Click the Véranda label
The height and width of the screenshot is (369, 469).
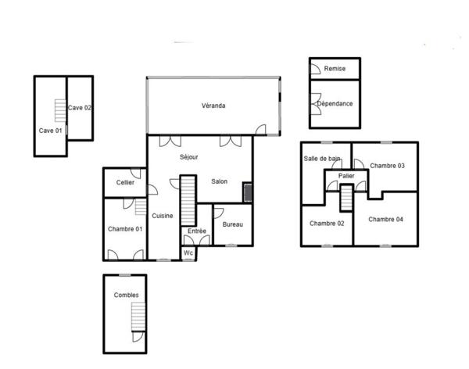coord(213,106)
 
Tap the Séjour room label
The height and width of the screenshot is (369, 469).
coord(189,157)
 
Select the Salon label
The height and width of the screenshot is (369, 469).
coord(220,182)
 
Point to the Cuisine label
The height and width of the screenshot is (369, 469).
coord(163,216)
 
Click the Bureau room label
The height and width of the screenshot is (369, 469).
coord(233,225)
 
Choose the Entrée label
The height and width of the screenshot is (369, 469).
coord(197,231)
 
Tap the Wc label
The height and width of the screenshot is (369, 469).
coord(188,253)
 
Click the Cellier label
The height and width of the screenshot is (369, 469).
coord(125,183)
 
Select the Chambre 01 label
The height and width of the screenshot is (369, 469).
coord(125,228)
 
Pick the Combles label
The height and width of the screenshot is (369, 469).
coord(126,295)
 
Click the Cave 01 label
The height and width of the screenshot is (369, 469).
coord(50,131)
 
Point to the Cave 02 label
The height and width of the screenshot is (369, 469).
coord(81,108)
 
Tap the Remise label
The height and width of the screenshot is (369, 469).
coord(335,69)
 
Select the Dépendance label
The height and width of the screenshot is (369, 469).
coord(335,103)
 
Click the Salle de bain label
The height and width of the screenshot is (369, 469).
coord(322,159)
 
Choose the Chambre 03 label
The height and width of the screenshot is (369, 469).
coord(387,166)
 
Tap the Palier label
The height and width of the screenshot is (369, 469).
coord(347,176)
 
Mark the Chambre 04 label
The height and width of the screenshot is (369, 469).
coord(386,219)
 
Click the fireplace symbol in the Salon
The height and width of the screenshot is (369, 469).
coord(248,192)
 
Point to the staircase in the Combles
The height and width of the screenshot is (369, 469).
coord(138,317)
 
